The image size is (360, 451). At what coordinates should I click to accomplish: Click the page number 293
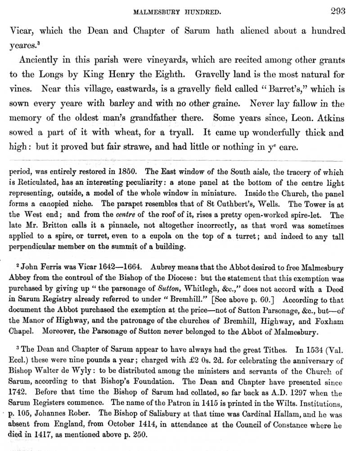337,12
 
